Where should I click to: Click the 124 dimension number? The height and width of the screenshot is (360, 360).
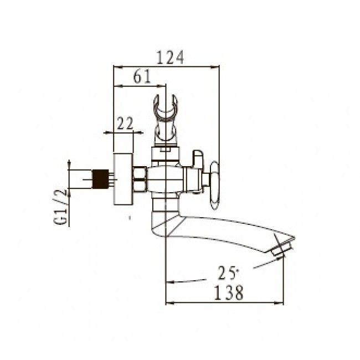coord(170,57)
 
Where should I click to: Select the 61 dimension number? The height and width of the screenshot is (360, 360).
coord(142,76)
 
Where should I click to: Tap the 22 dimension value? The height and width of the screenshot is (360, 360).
coord(125,124)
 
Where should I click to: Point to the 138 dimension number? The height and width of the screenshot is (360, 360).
coord(228,292)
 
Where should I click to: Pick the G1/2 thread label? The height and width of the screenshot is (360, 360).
coord(61,207)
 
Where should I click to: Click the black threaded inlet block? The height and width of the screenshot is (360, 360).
coord(100,179)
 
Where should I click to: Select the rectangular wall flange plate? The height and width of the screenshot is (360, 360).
coord(124,179)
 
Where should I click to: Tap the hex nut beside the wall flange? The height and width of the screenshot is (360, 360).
coord(140,179)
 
